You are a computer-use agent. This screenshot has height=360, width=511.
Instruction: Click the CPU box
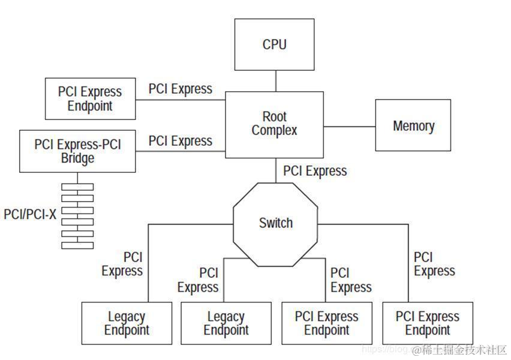coord(274,44)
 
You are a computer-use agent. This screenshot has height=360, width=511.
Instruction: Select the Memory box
coord(413,125)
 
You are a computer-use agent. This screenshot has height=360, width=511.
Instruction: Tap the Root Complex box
coord(274,124)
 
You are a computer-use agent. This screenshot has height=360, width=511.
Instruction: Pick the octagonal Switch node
coord(275,223)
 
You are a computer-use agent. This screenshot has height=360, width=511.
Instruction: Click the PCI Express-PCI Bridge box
coord(77,151)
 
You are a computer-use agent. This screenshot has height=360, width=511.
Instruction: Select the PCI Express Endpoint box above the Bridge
coord(89,98)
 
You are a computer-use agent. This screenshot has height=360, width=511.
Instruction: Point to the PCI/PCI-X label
coord(30,214)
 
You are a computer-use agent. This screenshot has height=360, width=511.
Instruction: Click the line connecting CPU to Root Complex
coord(275,81)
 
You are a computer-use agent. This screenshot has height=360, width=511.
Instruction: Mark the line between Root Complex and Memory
coord(350,127)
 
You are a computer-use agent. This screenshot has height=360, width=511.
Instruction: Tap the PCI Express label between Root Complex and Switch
coord(315,171)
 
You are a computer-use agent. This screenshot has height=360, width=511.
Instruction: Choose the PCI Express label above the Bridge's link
coord(181,141)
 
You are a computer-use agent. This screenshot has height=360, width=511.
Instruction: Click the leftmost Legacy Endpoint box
coord(127,323)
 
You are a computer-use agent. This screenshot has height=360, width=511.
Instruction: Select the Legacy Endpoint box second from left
coord(226,323)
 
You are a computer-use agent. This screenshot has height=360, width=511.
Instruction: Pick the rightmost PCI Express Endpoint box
coord(427,323)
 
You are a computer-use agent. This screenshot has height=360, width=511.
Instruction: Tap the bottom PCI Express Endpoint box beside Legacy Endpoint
coord(326,323)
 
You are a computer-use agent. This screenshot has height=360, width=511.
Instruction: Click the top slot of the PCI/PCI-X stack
coord(77,187)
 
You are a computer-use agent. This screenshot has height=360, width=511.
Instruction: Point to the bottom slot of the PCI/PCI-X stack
coord(77,245)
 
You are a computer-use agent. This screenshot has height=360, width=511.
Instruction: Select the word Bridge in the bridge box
coord(77,158)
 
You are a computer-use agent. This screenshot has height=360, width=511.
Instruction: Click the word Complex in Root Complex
coord(274,130)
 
